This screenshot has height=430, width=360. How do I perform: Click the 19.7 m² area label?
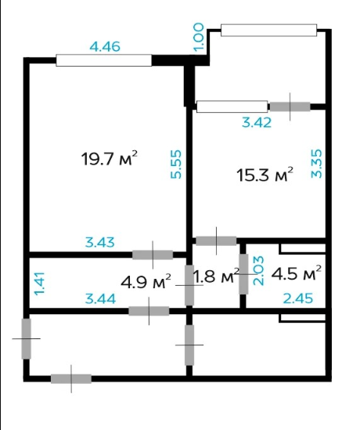click(110, 158)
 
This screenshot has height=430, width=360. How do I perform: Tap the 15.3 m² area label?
click(265, 175)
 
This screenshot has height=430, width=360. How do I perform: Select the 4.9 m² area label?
click(146, 281)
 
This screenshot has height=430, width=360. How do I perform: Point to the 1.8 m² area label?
click(217, 276)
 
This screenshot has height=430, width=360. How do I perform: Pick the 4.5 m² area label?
click(296, 273)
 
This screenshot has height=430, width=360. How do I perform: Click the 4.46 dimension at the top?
click(105, 47)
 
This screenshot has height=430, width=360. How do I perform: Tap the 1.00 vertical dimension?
click(199, 37)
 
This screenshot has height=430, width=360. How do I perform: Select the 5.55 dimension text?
click(176, 164)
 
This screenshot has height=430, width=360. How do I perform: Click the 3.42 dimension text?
click(257, 122)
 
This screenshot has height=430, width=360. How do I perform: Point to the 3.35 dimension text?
click(316, 164)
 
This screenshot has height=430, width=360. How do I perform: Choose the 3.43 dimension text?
click(99, 243)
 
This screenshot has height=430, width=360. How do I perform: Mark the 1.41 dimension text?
click(39, 284)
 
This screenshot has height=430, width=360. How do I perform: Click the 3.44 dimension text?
click(100, 298)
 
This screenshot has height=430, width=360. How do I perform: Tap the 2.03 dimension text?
click(258, 271)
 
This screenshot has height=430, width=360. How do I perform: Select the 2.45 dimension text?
click(298, 298)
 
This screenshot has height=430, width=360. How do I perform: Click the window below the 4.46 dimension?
click(104, 60)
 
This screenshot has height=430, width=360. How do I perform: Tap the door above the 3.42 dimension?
click(290, 107)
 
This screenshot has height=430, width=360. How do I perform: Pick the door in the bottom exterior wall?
click(71, 379)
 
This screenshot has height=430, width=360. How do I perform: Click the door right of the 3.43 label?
click(153, 255)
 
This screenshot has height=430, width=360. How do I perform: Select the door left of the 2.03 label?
click(243, 274)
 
